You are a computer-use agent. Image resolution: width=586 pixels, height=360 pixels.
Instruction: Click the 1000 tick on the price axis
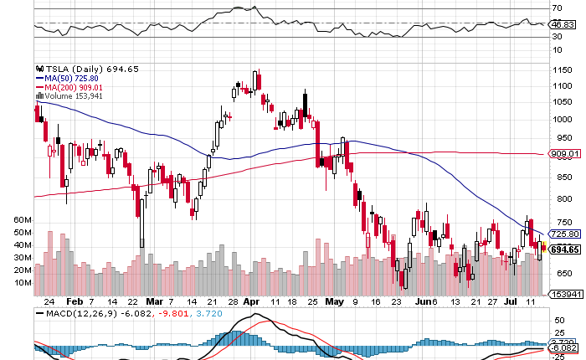pyautogui.click(x=562, y=119)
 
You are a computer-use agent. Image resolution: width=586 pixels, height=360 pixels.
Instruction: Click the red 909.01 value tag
pyautogui.click(x=565, y=154)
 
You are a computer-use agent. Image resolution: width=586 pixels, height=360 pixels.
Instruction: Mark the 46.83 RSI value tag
pyautogui.click(x=563, y=26)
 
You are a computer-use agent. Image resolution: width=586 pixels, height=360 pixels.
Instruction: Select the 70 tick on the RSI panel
pyautogui.click(x=556, y=9)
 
